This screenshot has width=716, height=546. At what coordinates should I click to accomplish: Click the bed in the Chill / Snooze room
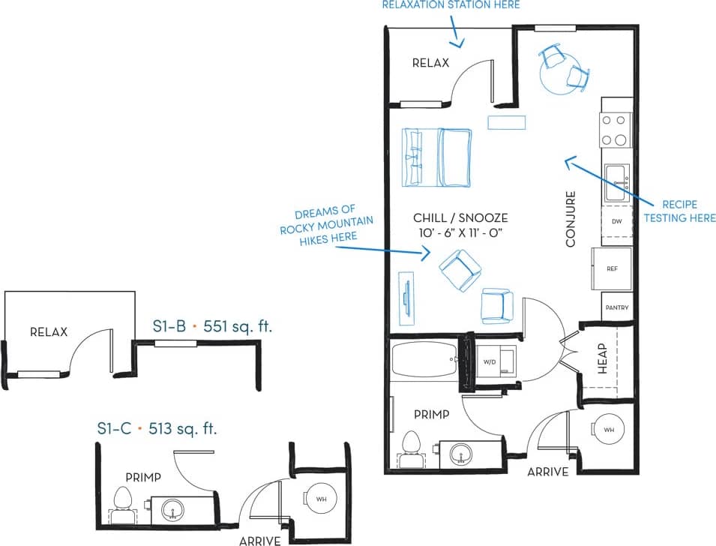tap(437, 157)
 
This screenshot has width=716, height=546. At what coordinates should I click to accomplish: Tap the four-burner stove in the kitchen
tap(616, 130)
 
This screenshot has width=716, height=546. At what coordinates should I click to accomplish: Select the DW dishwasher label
tap(616, 222)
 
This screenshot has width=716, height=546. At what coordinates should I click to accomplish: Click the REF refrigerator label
tap(612, 267)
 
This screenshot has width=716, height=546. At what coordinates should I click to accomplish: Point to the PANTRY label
tap(616, 307)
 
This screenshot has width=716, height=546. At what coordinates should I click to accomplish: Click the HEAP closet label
tap(602, 358)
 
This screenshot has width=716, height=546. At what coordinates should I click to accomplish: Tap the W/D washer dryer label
tap(490, 361)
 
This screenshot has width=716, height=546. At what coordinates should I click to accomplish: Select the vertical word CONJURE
tap(571, 219)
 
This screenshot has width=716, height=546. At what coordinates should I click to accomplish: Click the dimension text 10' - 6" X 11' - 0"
tap(460, 232)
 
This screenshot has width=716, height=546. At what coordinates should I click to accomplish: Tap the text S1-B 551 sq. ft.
tap(211, 326)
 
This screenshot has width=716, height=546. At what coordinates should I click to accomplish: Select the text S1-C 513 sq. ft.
tap(157, 428)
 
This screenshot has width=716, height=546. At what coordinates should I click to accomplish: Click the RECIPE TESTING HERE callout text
tap(679, 211)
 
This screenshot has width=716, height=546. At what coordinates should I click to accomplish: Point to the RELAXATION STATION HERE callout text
tap(451, 5)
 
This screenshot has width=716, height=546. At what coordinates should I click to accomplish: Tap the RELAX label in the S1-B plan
tap(49, 331)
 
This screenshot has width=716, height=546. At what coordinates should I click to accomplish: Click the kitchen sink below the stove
tap(617, 182)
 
